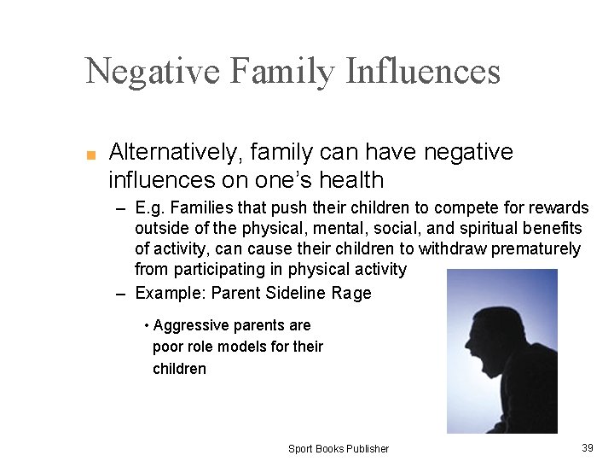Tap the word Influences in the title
[x=423, y=71]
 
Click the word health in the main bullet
[x=350, y=180]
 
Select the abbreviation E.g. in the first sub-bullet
[x=152, y=208]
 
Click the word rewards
[x=559, y=208]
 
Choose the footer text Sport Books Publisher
[x=339, y=449]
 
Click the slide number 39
[x=587, y=448]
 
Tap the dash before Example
[x=121, y=294]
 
